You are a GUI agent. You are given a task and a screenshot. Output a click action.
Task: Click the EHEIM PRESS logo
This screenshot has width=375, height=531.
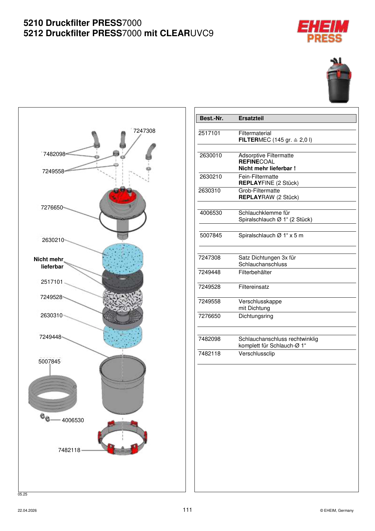323,31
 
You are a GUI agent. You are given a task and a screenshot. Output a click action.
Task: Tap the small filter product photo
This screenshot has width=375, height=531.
338,80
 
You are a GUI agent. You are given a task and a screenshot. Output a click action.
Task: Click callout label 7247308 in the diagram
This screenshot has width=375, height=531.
144,131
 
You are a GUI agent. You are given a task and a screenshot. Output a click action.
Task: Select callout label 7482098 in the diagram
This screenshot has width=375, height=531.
54,154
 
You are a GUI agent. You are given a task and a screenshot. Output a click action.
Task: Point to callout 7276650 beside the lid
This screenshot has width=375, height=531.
52,208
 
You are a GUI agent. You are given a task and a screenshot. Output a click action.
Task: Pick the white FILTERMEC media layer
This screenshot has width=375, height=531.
123,301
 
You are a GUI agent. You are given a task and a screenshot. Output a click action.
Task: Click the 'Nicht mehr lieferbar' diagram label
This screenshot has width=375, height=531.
48,263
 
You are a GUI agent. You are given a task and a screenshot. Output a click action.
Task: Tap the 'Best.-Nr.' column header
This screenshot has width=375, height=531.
211,118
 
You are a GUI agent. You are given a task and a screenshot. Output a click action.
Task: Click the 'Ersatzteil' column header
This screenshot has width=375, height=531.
251,118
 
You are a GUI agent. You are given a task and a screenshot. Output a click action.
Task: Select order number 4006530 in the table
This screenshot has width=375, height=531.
211,213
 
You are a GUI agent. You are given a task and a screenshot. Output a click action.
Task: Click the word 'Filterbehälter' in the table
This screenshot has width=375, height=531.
255,272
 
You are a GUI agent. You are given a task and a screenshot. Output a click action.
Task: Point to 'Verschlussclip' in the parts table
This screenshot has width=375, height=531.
257,354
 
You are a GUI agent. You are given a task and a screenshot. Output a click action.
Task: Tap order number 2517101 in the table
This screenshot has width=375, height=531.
209,133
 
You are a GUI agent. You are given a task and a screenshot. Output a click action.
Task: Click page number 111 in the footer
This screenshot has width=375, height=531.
187,510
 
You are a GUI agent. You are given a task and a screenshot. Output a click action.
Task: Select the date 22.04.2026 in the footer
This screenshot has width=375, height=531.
27,510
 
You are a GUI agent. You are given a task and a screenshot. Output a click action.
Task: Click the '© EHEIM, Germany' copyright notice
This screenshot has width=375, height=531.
337,510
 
